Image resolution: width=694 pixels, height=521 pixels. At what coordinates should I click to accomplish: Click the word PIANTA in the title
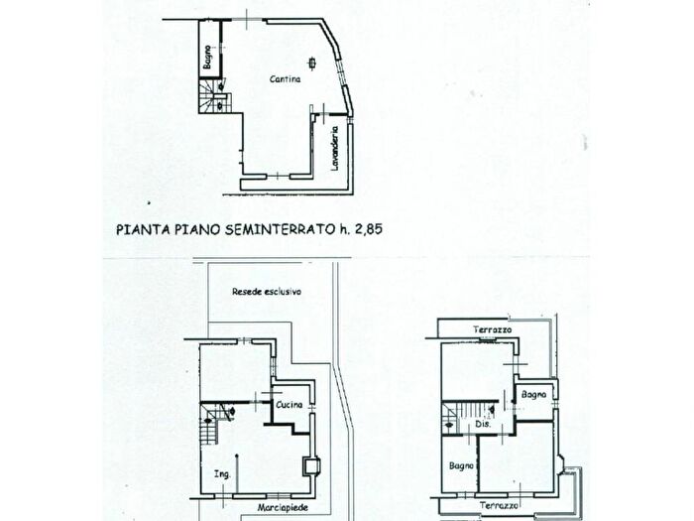click(x=139, y=227)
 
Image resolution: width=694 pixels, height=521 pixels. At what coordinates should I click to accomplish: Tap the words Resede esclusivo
click(x=266, y=292)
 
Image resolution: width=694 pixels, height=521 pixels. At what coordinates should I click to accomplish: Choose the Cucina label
click(x=289, y=404)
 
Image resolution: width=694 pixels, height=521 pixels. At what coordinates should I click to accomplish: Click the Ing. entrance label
click(x=222, y=473)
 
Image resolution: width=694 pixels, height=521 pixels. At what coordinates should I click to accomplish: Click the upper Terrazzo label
click(x=491, y=328)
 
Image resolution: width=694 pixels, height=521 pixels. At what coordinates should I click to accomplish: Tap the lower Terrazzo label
click(x=499, y=506)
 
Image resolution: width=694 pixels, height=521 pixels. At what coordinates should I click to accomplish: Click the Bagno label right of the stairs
click(x=535, y=395)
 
